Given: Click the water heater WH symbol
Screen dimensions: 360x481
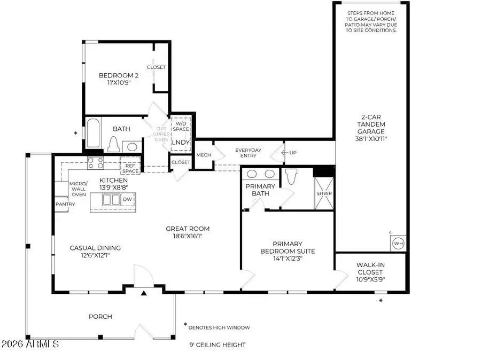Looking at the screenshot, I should pyautogui.click(x=398, y=243).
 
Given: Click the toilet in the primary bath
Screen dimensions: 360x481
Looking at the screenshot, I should pyautogui.click(x=291, y=176).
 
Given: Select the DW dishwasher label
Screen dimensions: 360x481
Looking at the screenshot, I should pyautogui.click(x=127, y=200).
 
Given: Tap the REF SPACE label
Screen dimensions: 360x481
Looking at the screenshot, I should pyautogui.click(x=130, y=168).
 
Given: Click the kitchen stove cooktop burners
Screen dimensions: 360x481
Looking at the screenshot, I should pyautogui.click(x=96, y=162).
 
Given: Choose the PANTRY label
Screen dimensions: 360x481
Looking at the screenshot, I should pyautogui.click(x=61, y=204).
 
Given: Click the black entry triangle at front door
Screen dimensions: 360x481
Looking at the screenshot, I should pyautogui.click(x=144, y=293).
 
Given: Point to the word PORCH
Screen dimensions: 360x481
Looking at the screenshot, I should pyautogui.click(x=100, y=317).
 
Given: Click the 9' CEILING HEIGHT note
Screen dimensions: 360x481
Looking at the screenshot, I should pyautogui.click(x=217, y=345).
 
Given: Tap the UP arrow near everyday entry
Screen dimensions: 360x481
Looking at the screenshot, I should pyautogui.click(x=289, y=153).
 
